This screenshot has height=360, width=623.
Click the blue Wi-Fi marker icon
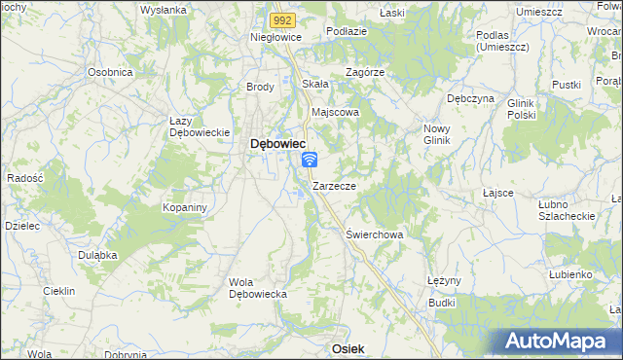[x=310, y=159]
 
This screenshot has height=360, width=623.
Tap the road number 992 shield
[x=282, y=18]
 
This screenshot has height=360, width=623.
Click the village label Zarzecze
[x=334, y=185]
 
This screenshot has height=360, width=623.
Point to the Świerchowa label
[x=375, y=234]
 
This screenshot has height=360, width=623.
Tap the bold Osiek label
[x=348, y=347]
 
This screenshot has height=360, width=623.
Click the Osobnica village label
[x=110, y=72]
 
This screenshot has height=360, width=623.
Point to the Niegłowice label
[x=276, y=36]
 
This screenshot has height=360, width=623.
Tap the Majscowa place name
[x=335, y=112]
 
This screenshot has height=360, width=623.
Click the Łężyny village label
[x=443, y=279]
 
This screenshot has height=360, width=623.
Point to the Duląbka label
[x=97, y=254]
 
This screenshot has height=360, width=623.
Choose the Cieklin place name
[x=59, y=291]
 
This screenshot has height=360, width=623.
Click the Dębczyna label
[x=470, y=98]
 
